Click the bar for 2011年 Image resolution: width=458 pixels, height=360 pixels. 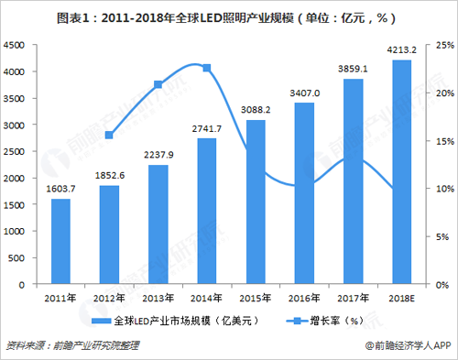click(x=60, y=241)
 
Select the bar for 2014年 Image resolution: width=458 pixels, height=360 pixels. click(x=207, y=211)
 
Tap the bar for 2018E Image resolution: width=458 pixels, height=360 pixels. click(x=402, y=172)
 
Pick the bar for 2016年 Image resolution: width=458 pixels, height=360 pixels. click(x=304, y=193)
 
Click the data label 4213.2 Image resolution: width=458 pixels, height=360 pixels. click(x=402, y=49)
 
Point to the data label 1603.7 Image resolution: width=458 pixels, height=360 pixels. click(x=60, y=189)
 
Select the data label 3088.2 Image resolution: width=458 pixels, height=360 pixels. click(x=256, y=110)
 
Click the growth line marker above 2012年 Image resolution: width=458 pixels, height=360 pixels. click(x=109, y=135)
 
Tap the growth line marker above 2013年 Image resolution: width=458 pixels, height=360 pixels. click(x=158, y=84)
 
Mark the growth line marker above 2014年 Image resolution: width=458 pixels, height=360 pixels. click(x=207, y=68)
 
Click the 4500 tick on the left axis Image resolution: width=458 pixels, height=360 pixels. click(x=14, y=45)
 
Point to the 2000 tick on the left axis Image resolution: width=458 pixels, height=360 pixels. click(x=14, y=179)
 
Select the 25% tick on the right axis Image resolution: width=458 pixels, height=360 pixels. click(x=445, y=45)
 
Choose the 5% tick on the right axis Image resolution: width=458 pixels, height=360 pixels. click(x=442, y=237)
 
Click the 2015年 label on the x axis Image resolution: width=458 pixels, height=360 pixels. click(x=256, y=298)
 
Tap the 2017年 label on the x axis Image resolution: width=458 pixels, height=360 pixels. click(x=353, y=298)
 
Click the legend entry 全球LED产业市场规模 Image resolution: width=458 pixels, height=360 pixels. click(x=175, y=321)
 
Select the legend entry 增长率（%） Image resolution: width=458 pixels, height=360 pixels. click(x=325, y=321)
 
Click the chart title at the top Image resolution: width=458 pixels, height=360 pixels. click(x=226, y=18)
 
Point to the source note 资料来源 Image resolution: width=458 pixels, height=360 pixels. click(x=72, y=345)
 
